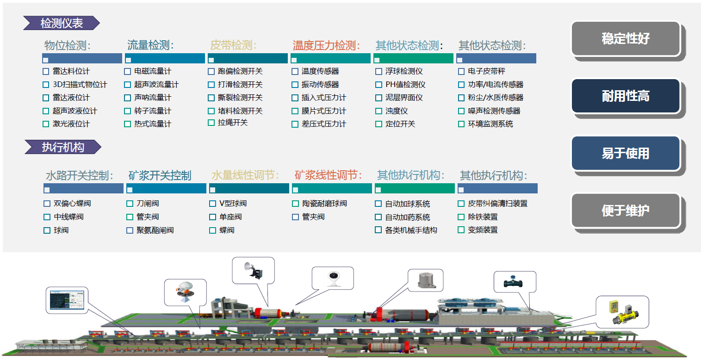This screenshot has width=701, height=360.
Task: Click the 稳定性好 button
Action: pyautogui.click(x=626, y=39)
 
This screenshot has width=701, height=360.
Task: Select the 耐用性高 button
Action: pyautogui.click(x=626, y=96)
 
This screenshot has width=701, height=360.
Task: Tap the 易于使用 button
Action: pyautogui.click(x=626, y=153)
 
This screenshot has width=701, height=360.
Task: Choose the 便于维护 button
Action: pyautogui.click(x=626, y=211)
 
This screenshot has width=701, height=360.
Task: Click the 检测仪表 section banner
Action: pyautogui.click(x=62, y=23)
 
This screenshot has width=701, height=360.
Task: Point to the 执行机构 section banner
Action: pyautogui.click(x=62, y=147)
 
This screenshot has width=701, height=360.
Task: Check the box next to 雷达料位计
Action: pyautogui.click(x=46, y=72)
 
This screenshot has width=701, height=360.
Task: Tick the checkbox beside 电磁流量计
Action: pyautogui.click(x=128, y=72)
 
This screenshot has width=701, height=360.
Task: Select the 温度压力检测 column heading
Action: pyautogui.click(x=326, y=46)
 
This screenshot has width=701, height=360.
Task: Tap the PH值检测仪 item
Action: pyautogui.click(x=405, y=85)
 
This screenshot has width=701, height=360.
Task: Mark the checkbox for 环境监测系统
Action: pyautogui.click(x=461, y=124)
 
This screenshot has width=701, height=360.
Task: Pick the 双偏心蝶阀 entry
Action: pyautogui.click(x=72, y=204)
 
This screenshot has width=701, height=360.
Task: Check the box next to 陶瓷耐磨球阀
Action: pyautogui.click(x=295, y=204)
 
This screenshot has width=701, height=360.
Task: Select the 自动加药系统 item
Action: pyautogui.click(x=407, y=217)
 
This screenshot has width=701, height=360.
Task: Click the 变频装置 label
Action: pyautogui.click(x=483, y=230)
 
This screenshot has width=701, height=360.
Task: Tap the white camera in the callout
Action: pyautogui.click(x=333, y=278)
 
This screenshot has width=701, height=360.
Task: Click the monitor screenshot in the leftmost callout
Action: pyautogui.click(x=68, y=300)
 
